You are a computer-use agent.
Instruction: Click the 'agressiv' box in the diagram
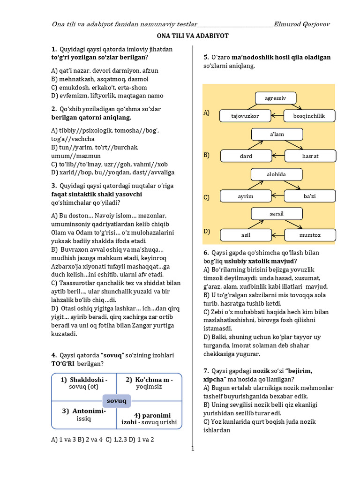275,98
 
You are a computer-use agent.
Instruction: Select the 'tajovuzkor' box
245,115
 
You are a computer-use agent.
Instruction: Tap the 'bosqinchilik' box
308,115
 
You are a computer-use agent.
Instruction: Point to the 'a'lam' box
277,134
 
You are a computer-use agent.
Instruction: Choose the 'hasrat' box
310,156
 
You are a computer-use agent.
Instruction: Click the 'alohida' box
277,174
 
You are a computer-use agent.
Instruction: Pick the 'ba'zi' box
310,196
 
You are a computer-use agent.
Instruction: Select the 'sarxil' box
277,214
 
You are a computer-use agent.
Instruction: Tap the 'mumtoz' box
310,235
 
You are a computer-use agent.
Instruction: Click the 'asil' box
246,235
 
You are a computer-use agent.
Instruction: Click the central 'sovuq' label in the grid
117,401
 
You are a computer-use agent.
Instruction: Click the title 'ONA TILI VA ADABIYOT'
192,36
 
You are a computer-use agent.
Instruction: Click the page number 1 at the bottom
192,448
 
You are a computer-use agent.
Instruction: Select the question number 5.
206,58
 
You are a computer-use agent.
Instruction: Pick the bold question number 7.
206,370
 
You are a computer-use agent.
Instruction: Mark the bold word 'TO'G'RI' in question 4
63,364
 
